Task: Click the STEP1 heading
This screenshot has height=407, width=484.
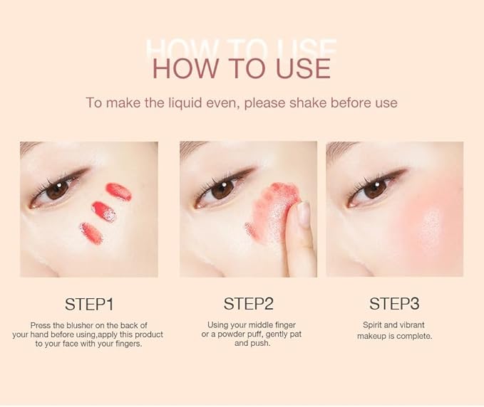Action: pos(89,304)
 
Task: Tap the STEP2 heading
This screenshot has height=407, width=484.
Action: pos(249,304)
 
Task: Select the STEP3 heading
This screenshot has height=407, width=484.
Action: pos(394,304)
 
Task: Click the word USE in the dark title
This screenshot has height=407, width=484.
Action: pos(303,68)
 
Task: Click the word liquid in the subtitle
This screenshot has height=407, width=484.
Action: pos(185,102)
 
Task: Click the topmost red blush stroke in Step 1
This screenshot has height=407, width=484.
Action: pos(119,191)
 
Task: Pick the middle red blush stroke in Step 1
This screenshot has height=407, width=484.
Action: pos(104,211)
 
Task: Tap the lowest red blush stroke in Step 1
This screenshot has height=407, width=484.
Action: pos(91,233)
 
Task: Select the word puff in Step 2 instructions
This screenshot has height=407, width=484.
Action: pos(256,334)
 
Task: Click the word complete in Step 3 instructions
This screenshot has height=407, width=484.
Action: pos(414,336)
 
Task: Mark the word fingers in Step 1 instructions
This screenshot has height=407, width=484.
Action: pos(129,344)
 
